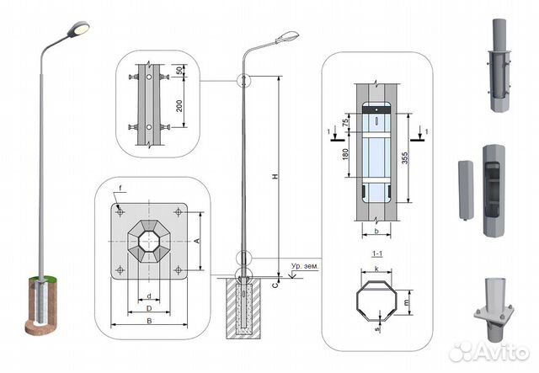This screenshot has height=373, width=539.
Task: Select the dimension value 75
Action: [x=345, y=123]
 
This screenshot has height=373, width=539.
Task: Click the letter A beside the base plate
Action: [x=197, y=240]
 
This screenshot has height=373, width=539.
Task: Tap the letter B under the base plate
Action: [x=148, y=321]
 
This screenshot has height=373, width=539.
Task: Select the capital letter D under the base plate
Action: [x=148, y=309]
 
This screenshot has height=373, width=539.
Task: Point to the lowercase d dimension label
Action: [x=148, y=296]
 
